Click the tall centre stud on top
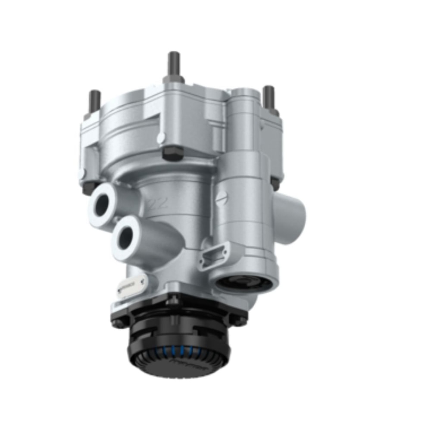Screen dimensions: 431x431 pyautogui.click(x=174, y=65)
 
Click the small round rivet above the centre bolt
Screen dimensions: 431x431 pyautogui.click(x=160, y=139)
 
